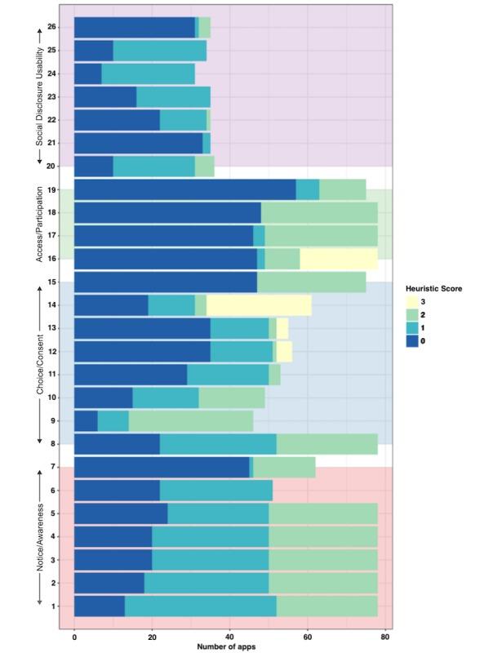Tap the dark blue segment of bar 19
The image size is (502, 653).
point(184,189)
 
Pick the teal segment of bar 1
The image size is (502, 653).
point(200,606)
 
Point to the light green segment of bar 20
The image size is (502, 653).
point(204,167)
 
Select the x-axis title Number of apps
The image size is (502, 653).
point(230,647)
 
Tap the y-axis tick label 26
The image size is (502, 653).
point(52,28)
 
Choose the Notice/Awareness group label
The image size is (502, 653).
point(40,536)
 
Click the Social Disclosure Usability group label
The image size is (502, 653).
point(40,96)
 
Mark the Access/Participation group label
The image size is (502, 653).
point(40,224)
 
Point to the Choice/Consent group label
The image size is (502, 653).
point(40,364)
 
